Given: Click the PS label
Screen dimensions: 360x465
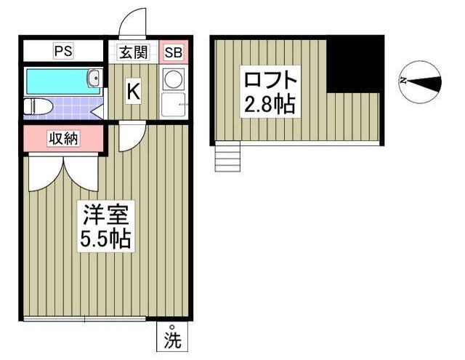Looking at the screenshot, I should click(63, 51).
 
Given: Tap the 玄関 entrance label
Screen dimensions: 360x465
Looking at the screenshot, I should click(134, 52).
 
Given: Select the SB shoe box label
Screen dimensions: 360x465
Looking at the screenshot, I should click(174, 52).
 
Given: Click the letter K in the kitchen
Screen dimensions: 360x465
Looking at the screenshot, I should click(133, 92).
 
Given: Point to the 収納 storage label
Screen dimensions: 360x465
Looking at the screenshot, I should click(63, 138).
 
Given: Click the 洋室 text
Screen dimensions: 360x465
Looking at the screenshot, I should click(105, 215).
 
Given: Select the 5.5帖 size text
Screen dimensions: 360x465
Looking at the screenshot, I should click(105, 239).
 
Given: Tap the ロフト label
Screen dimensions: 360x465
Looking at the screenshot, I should click(270, 79).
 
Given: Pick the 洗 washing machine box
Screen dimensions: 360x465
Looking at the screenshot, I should click(172, 337).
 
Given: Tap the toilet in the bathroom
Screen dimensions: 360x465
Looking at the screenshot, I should click(38, 107).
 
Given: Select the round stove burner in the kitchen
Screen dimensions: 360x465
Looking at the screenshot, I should click(174, 79).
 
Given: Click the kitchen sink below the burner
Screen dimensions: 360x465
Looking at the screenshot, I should click(174, 105).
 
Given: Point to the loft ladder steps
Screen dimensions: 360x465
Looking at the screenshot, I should click(227, 156).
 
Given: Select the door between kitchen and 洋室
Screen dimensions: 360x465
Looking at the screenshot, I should click(131, 136).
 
